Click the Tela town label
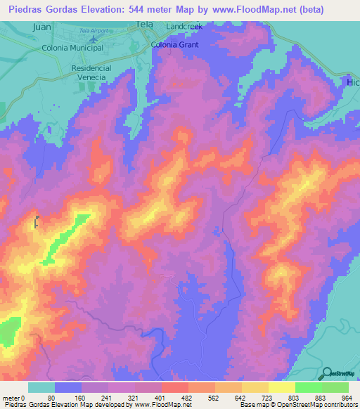144,23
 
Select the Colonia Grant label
176,44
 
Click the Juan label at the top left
42,26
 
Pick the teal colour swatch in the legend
41,387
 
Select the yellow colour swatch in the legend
281,387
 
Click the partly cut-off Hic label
352,82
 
